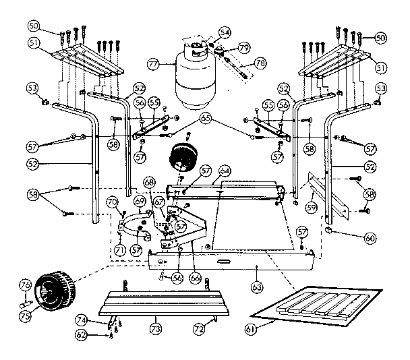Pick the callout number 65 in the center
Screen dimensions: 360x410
(x=205, y=119)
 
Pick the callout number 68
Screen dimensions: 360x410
(x=148, y=182)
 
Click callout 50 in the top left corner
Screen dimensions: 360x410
(x=34, y=26)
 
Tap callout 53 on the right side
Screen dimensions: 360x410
(x=382, y=88)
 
